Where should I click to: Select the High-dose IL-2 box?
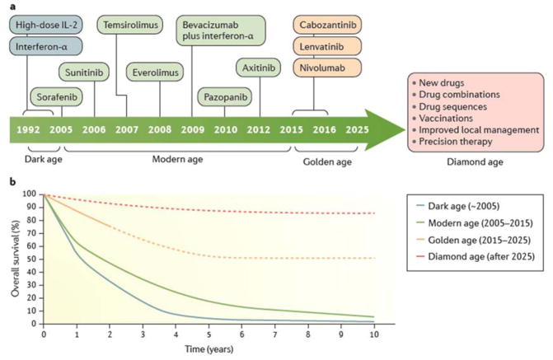48,25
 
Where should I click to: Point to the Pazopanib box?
227,96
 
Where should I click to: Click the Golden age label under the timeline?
327,162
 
